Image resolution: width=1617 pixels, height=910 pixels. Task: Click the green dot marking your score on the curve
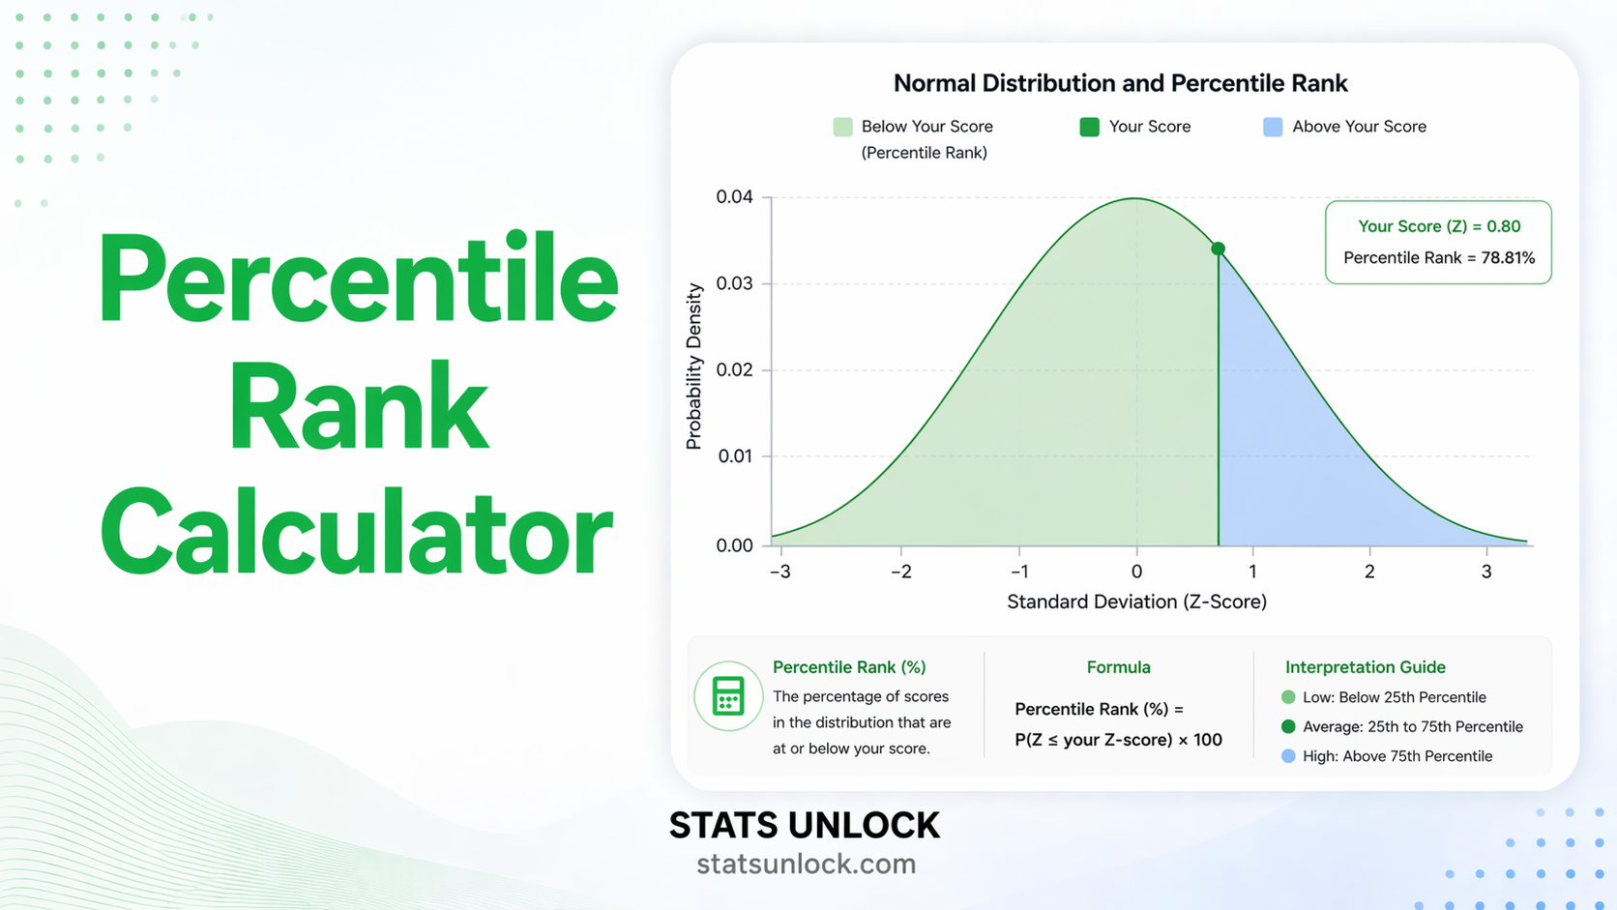tap(1219, 249)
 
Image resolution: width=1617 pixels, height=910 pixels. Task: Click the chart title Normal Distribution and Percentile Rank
tap(1120, 83)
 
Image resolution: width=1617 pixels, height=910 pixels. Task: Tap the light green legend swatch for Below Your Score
tap(842, 127)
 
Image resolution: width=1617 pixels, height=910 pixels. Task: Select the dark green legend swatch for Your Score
tap(1089, 127)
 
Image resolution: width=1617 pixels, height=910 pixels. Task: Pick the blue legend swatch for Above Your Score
tap(1273, 127)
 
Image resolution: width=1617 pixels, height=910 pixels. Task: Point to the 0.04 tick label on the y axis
tap(734, 197)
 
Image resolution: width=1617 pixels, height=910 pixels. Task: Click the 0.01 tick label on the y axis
tap(735, 455)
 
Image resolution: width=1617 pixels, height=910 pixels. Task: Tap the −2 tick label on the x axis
tap(900, 572)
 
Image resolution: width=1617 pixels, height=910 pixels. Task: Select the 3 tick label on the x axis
tap(1486, 572)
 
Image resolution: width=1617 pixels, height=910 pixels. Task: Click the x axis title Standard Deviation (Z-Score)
tap(1136, 602)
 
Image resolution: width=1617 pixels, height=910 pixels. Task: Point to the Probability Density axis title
tap(693, 367)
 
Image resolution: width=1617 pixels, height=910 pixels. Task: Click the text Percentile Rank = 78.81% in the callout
tap(1439, 257)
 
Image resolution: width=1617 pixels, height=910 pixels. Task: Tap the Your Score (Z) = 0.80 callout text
tap(1439, 226)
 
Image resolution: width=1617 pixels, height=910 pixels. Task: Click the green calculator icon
tap(728, 696)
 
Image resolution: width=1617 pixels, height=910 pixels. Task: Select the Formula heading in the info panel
tap(1118, 667)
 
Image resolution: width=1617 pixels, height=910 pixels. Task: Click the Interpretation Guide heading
tap(1365, 667)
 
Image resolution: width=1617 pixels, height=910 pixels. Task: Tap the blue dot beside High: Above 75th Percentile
tap(1288, 756)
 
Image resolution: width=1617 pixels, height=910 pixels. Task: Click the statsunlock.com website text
tap(806, 864)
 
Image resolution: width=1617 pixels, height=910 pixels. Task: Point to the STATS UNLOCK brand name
tap(804, 826)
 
